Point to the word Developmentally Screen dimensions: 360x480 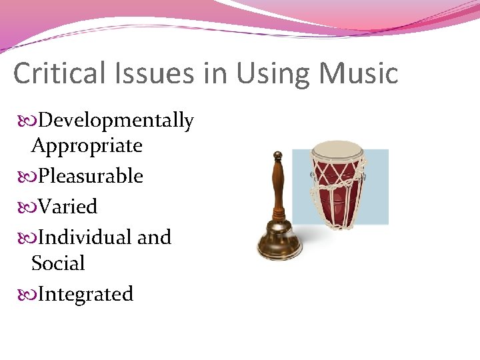click(116, 121)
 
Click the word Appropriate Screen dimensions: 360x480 click(87, 146)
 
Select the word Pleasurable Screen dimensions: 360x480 click(91, 176)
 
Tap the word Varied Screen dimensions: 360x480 click(68, 207)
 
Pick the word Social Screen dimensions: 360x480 click(58, 263)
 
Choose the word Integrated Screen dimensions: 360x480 click(86, 294)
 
